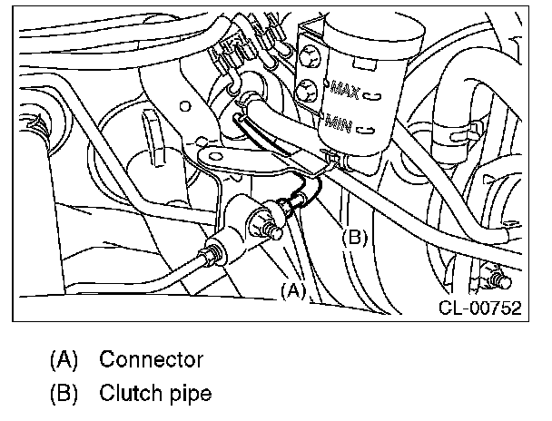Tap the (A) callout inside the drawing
click(292, 291)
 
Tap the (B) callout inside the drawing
click(354, 238)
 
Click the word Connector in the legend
click(151, 358)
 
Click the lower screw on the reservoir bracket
click(306, 90)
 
